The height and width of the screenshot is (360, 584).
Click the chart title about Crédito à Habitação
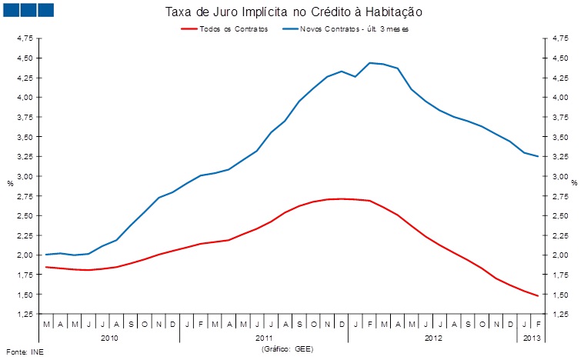pyautogui.click(x=294, y=13)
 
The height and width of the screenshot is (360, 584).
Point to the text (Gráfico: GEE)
pyautogui.click(x=288, y=348)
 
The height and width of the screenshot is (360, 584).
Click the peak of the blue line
pyautogui.click(x=370, y=62)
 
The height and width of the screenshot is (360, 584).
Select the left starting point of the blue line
pyautogui.click(x=46, y=255)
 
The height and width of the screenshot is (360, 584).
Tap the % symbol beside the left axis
pyautogui.click(x=10, y=184)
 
